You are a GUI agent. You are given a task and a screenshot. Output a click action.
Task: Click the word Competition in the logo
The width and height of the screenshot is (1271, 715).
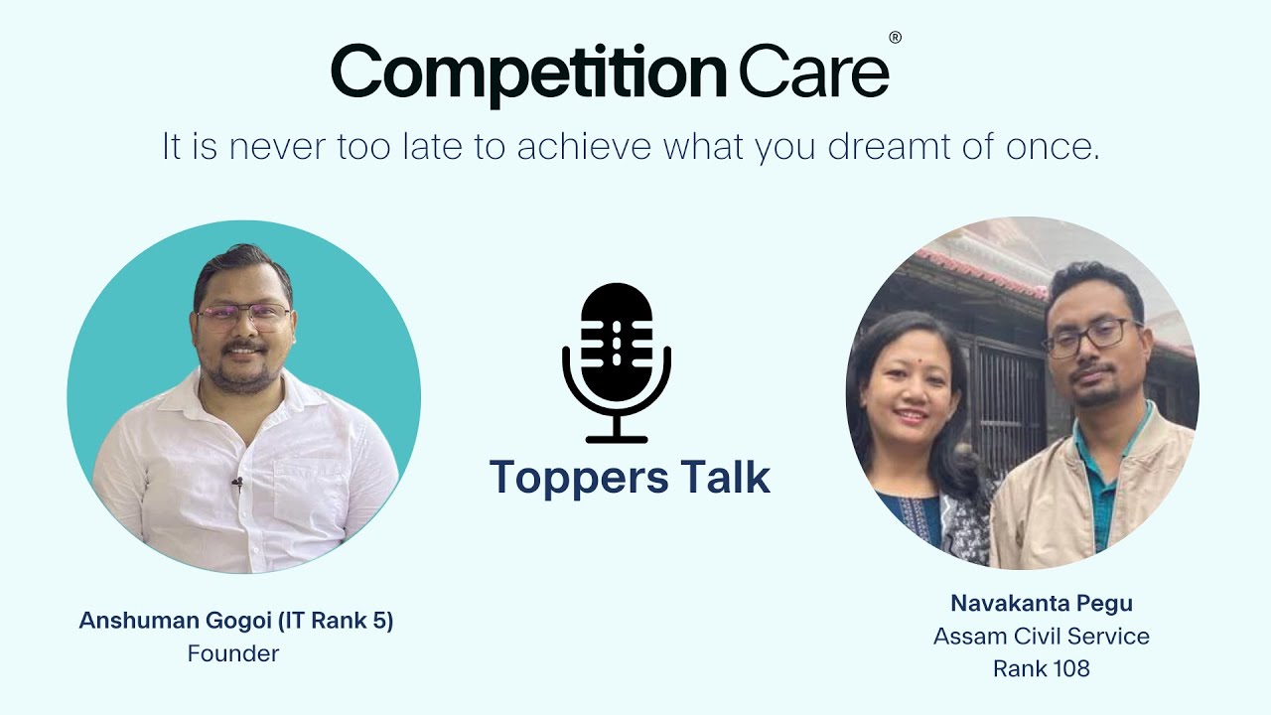(528, 72)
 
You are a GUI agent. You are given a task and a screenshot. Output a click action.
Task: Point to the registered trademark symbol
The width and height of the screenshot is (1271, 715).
(895, 38)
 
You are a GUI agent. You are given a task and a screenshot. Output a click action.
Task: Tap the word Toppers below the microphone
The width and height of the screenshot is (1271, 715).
(564, 478)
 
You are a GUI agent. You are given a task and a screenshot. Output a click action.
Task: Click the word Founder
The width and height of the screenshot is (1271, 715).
(233, 653)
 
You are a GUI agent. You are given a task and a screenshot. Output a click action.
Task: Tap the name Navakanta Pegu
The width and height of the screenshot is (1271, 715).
(1041, 603)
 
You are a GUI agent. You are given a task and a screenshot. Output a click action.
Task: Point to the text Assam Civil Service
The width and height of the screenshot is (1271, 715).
(1041, 636)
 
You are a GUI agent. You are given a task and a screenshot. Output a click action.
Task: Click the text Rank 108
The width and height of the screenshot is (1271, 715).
(1041, 668)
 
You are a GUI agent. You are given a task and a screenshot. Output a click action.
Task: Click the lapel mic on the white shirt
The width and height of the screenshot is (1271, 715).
(237, 485)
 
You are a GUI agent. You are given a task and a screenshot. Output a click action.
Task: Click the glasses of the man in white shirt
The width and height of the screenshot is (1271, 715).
(243, 316)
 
